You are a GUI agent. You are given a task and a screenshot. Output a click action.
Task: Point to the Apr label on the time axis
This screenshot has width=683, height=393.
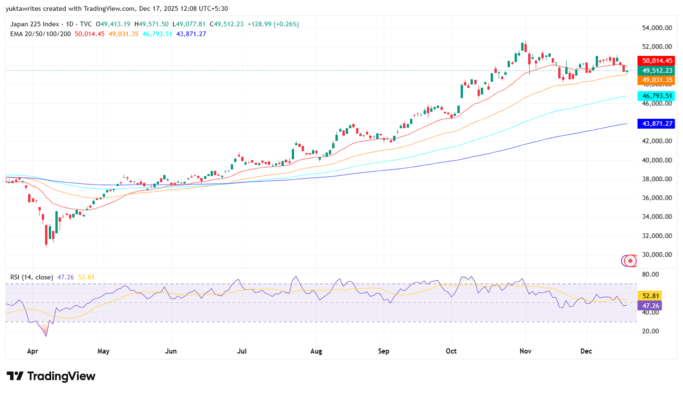(x=32, y=351)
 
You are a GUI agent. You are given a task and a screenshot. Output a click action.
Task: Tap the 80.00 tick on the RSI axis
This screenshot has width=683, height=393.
(x=650, y=274)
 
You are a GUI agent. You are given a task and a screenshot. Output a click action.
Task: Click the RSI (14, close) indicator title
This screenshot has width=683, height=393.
(x=32, y=277)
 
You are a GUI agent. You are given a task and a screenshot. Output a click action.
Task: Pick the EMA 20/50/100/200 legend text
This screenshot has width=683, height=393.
(x=41, y=34)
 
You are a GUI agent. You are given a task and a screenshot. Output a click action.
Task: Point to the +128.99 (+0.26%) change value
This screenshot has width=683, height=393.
(x=273, y=24)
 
